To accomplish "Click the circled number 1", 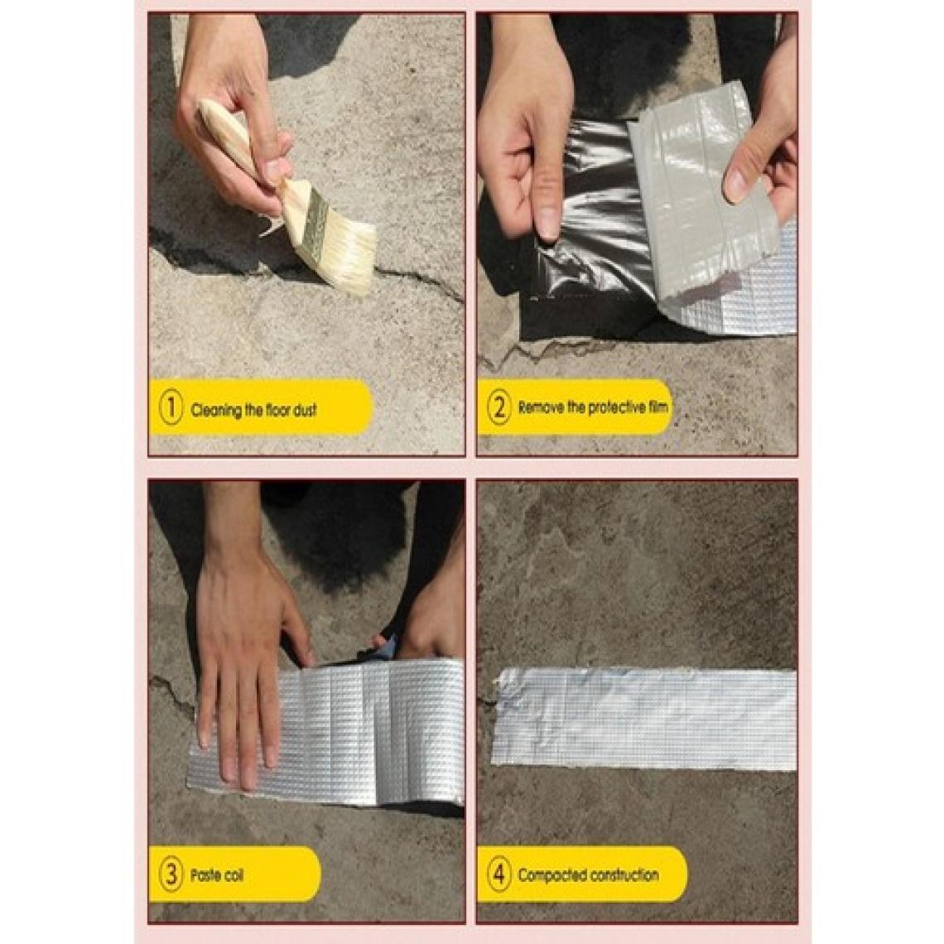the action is (171, 407).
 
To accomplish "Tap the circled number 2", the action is (499, 407).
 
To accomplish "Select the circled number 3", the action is (171, 874).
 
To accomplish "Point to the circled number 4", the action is (499, 874).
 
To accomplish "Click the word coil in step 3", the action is (233, 874).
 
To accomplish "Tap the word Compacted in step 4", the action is (551, 874).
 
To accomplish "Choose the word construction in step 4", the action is (623, 874).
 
